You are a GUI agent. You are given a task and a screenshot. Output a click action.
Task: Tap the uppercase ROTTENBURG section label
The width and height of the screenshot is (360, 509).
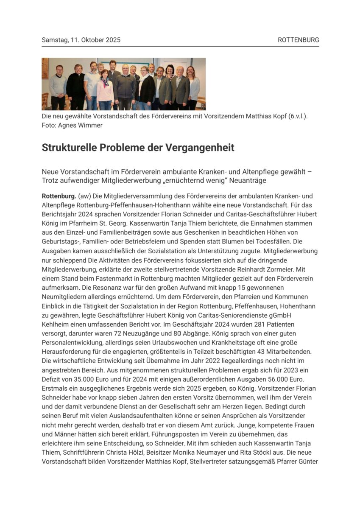(299, 40)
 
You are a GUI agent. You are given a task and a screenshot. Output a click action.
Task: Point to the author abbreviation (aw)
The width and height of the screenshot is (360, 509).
(85, 196)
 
